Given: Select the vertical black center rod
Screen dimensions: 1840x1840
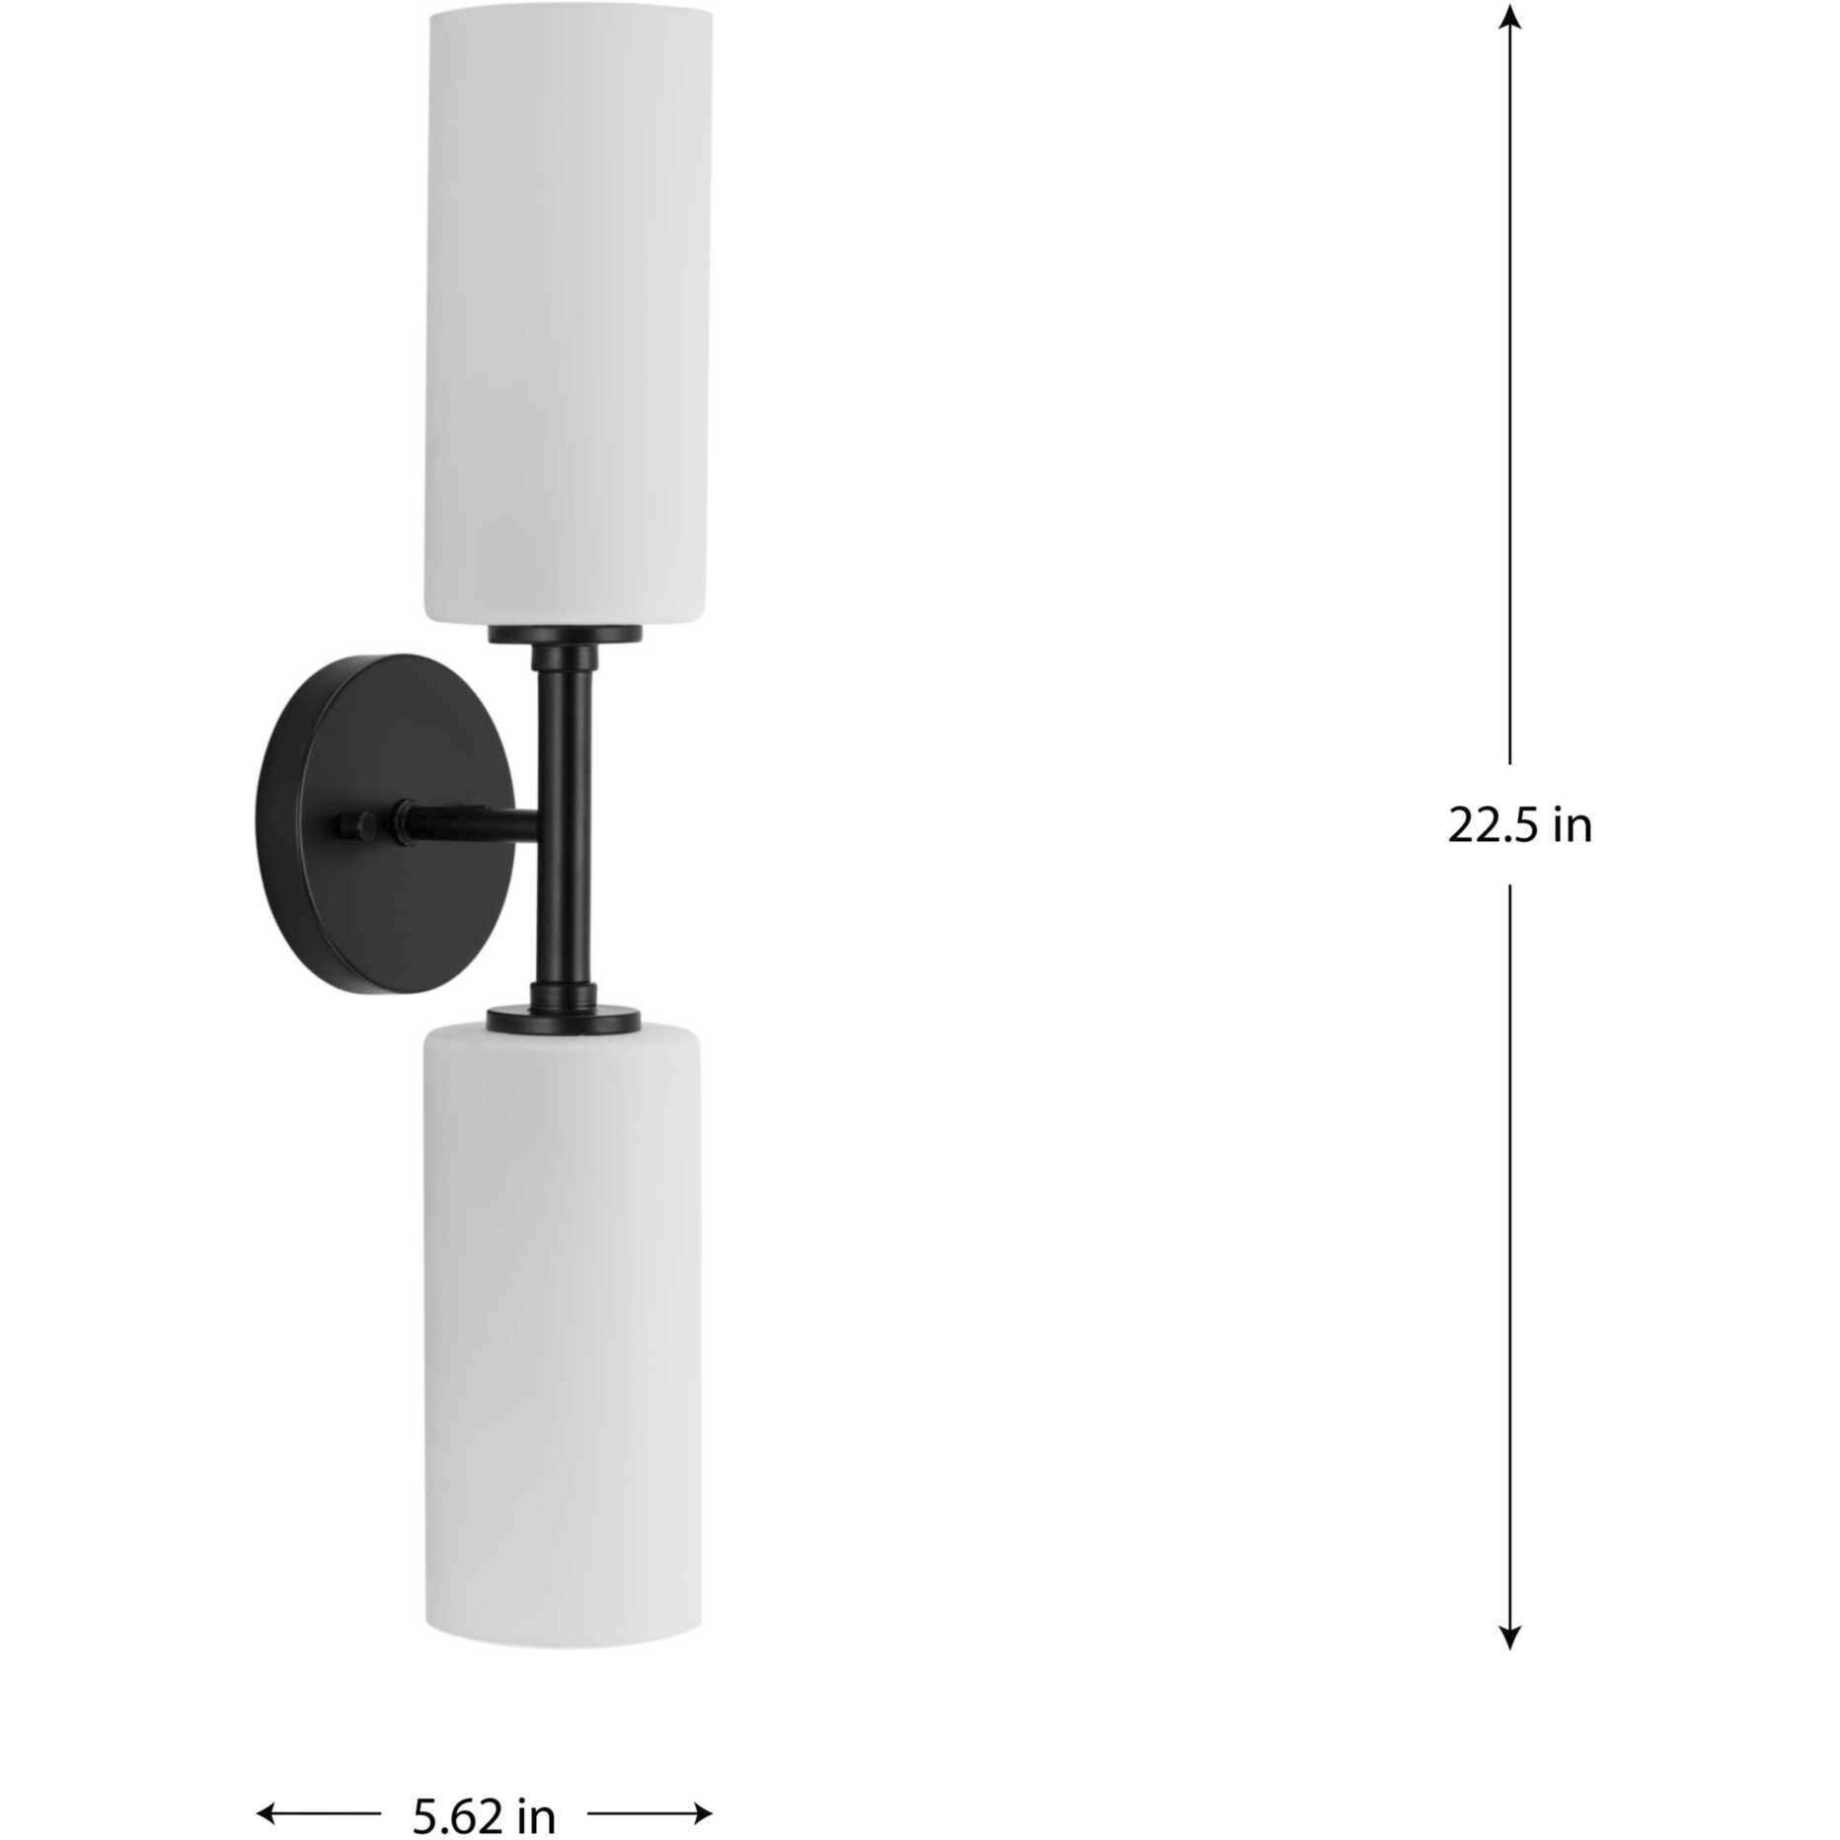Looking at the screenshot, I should click(x=565, y=819).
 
